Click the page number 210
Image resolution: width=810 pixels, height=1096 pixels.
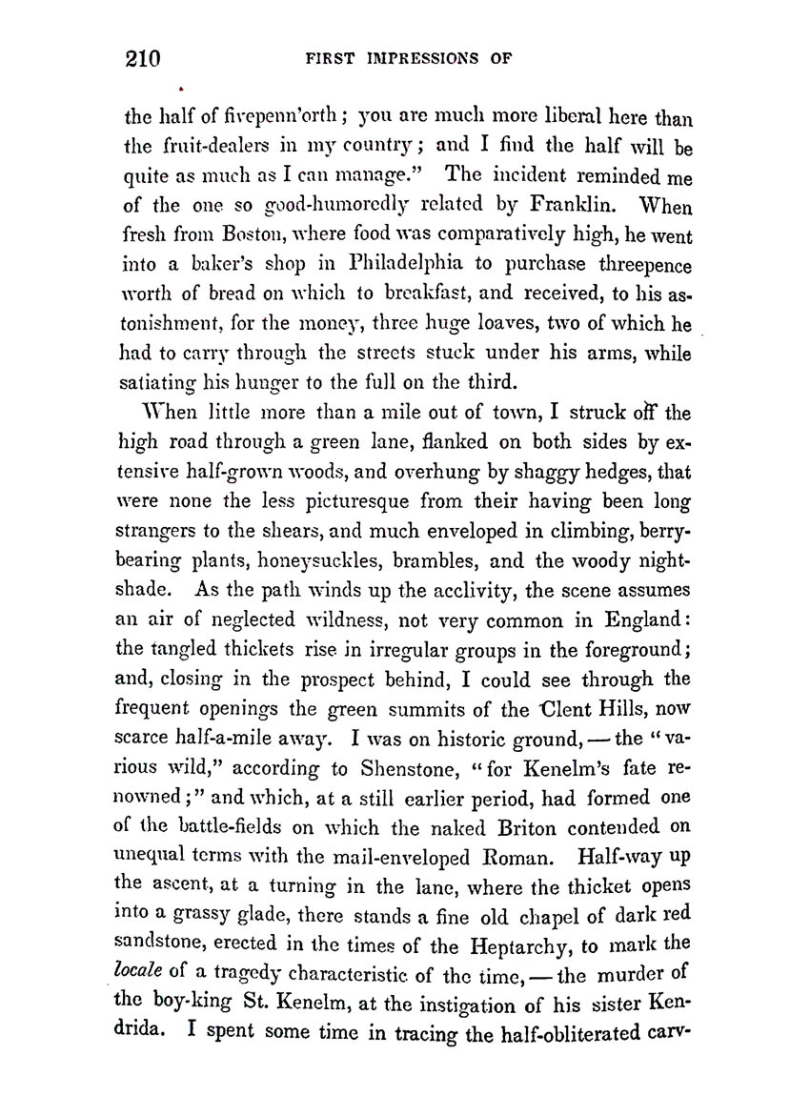142,59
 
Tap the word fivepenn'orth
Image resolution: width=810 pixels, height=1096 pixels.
260,121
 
